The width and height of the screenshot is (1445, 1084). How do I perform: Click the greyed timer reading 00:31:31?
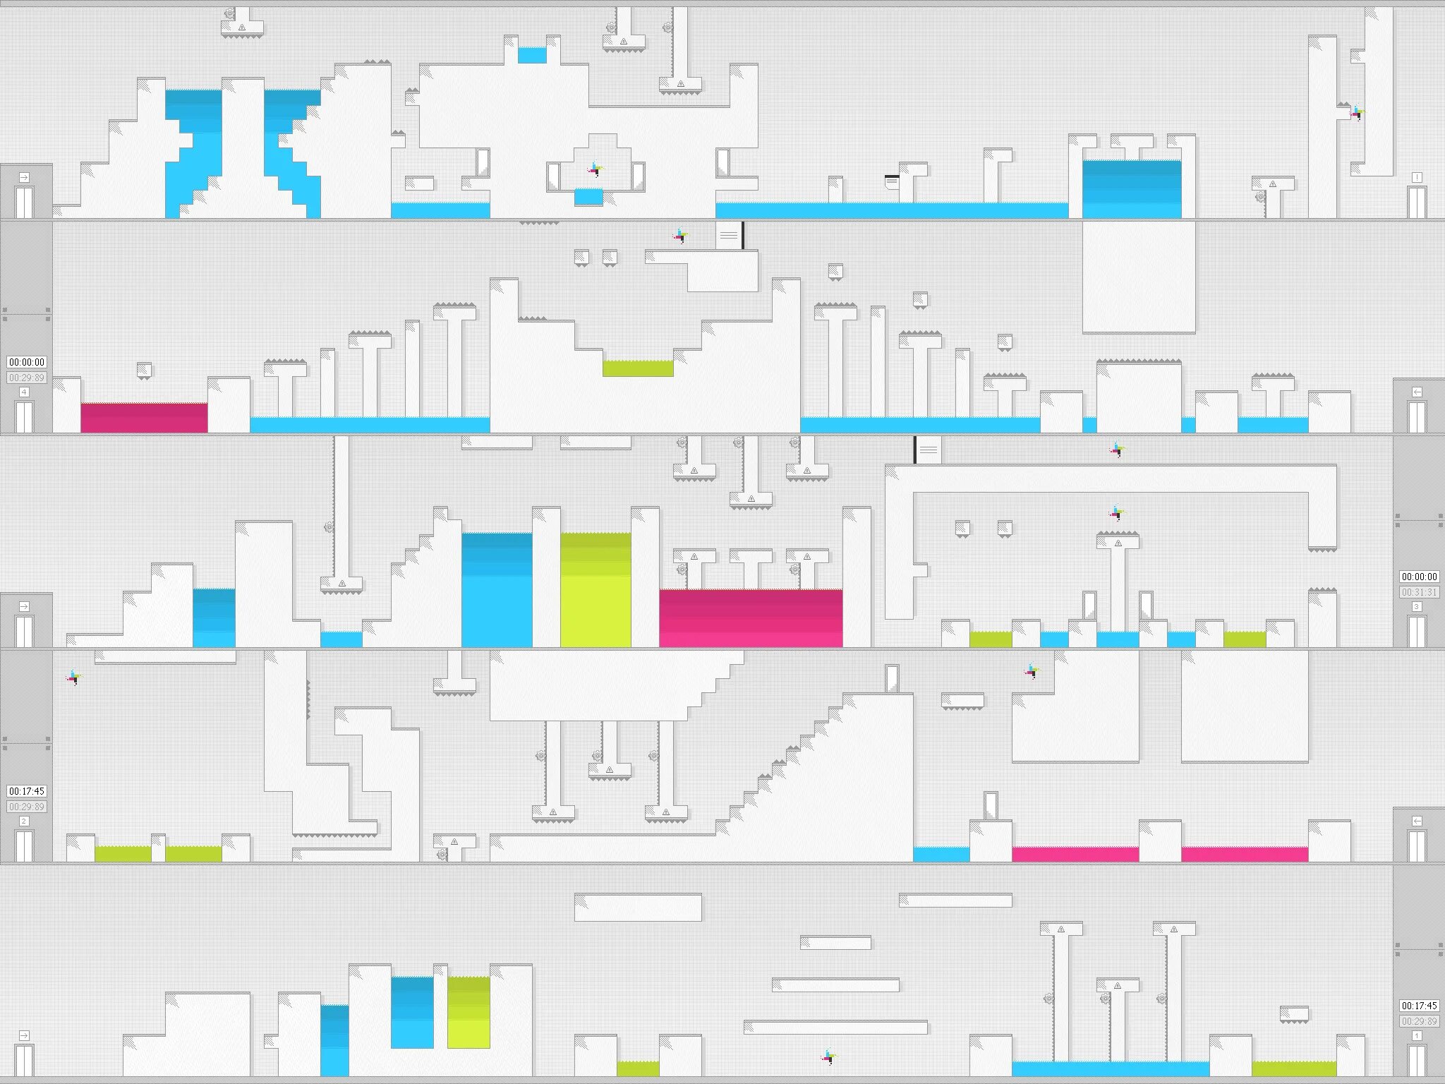pos(1419,592)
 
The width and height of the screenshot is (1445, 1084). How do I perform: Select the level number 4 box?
pos(25,392)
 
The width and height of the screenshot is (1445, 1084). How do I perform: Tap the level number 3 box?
pos(1416,606)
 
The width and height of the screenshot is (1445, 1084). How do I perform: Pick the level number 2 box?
pos(25,821)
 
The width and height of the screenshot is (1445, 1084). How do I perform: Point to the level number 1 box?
pos(1416,1035)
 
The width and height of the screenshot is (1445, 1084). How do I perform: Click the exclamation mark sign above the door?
pos(1416,177)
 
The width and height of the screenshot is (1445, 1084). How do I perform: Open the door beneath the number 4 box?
pos(25,416)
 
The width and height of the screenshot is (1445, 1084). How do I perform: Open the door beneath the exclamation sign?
pos(1416,202)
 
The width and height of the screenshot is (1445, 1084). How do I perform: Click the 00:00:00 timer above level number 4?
pos(27,362)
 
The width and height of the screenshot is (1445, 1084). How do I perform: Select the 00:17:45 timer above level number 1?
pos(1419,1006)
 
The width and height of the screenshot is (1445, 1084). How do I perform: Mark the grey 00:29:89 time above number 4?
pos(27,378)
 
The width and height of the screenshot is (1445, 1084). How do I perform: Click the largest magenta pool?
pos(751,618)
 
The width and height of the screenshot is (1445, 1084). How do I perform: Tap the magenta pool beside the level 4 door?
pos(144,417)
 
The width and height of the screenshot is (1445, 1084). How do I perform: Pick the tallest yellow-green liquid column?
pos(595,589)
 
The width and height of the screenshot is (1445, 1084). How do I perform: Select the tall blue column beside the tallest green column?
pos(497,589)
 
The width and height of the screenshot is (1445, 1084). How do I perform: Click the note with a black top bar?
pos(892,181)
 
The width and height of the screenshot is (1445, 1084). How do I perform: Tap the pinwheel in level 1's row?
pos(829,1056)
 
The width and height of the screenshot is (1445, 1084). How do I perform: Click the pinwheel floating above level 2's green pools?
pos(74,677)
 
